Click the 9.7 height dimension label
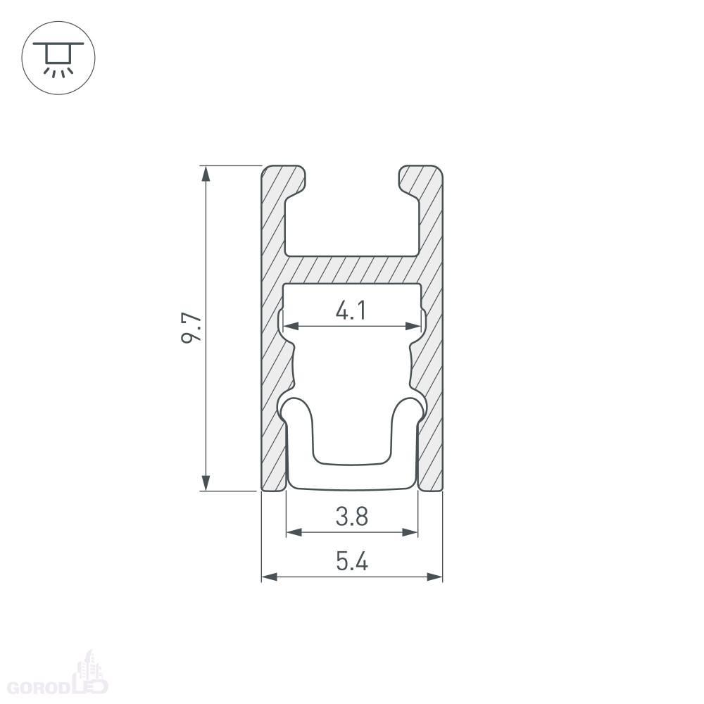click(x=191, y=328)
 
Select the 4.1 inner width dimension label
click(x=351, y=310)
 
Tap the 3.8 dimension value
click(x=352, y=516)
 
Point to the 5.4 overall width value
click(x=352, y=561)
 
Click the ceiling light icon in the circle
click(x=58, y=58)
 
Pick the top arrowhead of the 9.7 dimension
click(x=206, y=174)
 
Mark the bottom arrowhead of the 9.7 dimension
click(x=206, y=483)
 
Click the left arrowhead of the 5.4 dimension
click(x=270, y=577)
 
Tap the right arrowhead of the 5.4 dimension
click(x=434, y=577)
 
